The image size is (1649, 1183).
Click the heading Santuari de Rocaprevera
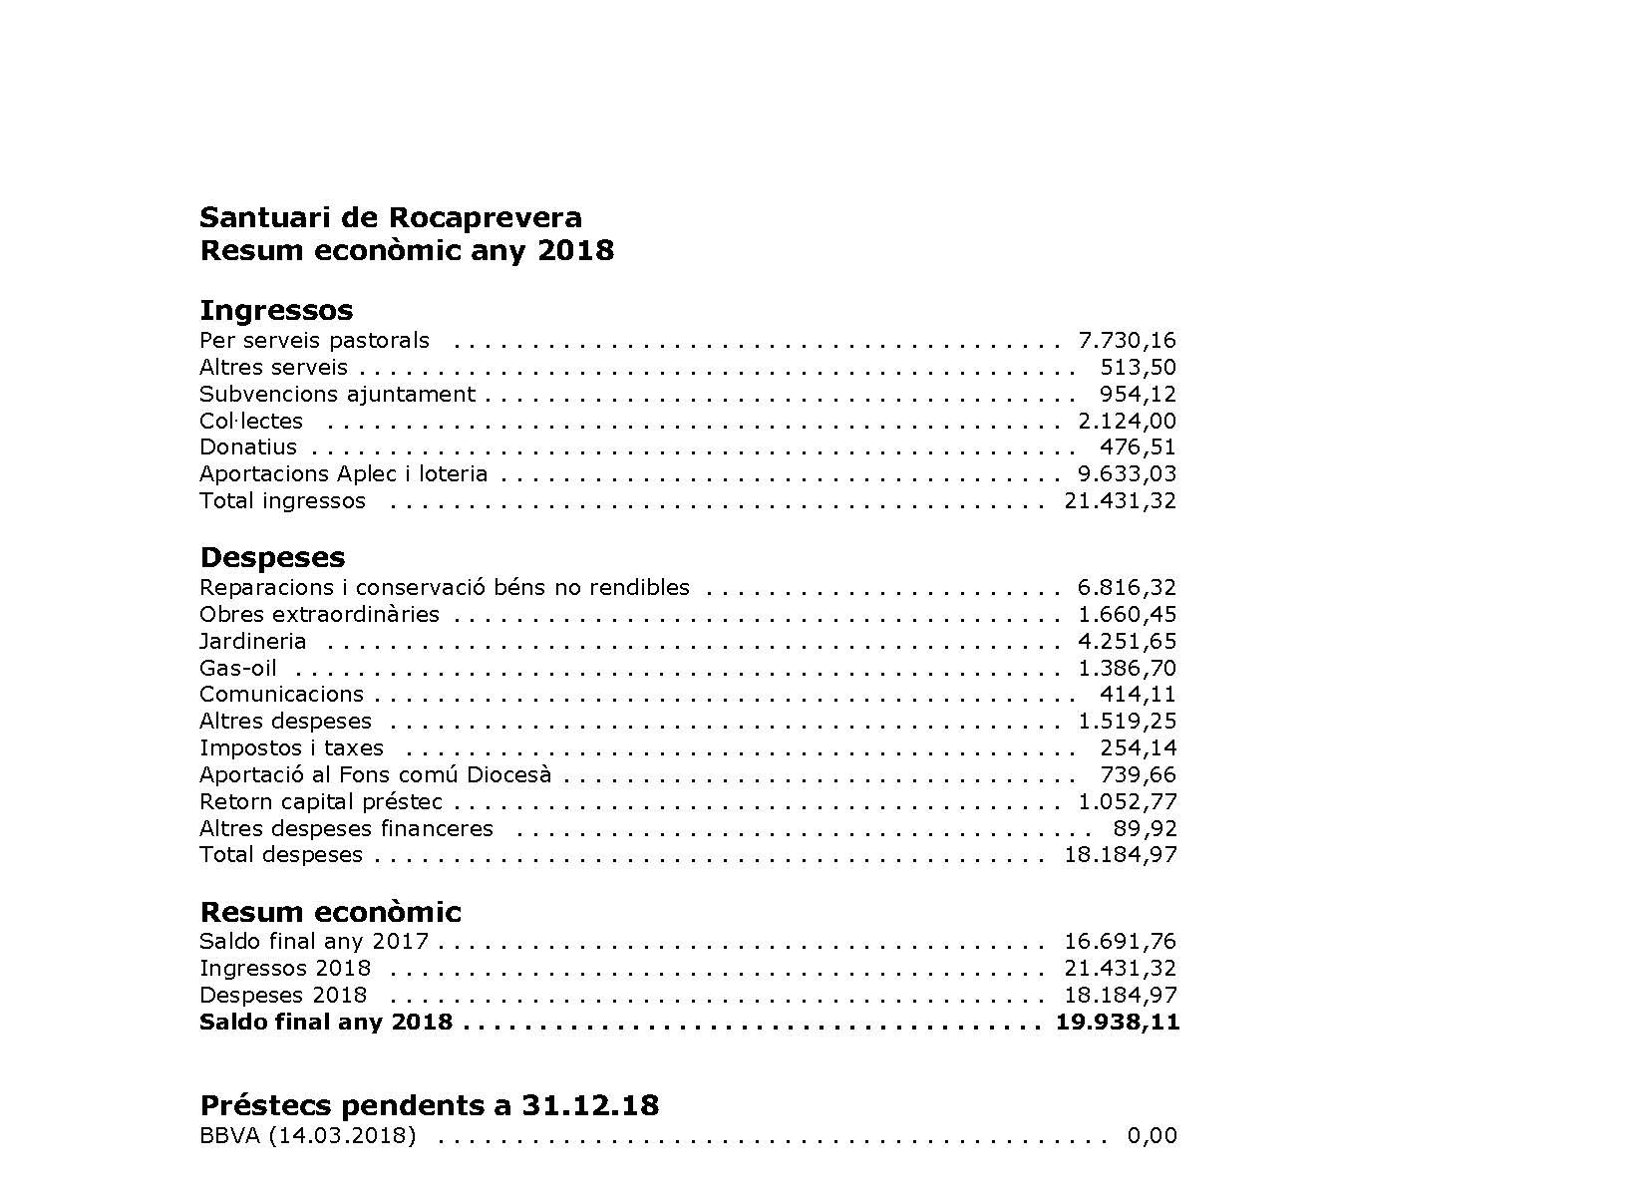(x=391, y=217)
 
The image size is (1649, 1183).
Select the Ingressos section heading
(x=276, y=310)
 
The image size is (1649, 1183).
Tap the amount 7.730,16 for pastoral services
(x=1127, y=341)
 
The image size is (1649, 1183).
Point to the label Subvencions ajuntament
(x=337, y=394)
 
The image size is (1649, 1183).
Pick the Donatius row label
(x=248, y=447)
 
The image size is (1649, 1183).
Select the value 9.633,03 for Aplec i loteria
(x=1127, y=474)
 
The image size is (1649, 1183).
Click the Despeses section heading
(x=272, y=557)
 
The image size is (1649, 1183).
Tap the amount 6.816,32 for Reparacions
(x=1127, y=588)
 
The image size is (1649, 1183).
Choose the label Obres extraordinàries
(x=319, y=615)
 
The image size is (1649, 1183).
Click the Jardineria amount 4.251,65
(x=1127, y=642)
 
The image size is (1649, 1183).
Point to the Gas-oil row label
(x=238, y=669)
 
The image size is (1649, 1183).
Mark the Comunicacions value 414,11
(x=1138, y=695)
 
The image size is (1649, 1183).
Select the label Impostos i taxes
(x=291, y=748)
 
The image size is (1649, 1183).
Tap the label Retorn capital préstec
(x=320, y=802)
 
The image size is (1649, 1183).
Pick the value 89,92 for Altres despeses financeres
(x=1145, y=828)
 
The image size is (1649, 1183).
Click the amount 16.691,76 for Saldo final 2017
(x=1120, y=942)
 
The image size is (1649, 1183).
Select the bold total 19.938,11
(x=1117, y=1023)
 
